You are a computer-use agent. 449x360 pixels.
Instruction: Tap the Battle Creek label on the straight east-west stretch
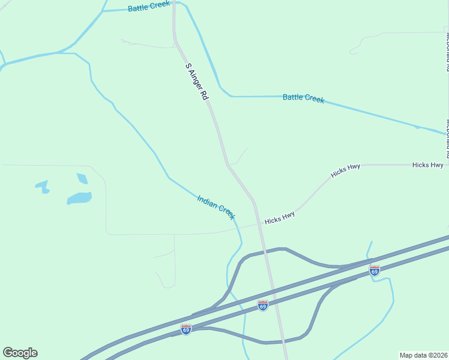303,98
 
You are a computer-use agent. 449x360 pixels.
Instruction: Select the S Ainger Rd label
196,81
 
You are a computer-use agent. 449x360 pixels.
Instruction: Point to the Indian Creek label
216,207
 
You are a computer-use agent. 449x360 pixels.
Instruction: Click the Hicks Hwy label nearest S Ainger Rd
280,218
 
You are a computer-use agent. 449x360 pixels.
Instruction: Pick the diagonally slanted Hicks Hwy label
345,171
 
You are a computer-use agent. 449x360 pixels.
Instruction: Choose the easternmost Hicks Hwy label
427,164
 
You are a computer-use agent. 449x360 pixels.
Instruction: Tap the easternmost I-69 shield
375,270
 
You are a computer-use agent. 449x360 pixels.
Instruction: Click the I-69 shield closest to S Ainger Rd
262,305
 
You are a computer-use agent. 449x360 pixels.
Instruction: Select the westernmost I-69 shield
186,329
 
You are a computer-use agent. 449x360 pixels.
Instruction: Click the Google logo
20,353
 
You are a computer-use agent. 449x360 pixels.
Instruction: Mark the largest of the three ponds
79,198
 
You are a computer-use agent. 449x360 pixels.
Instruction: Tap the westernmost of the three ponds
43,186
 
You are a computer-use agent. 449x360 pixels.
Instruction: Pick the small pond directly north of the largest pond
82,178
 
